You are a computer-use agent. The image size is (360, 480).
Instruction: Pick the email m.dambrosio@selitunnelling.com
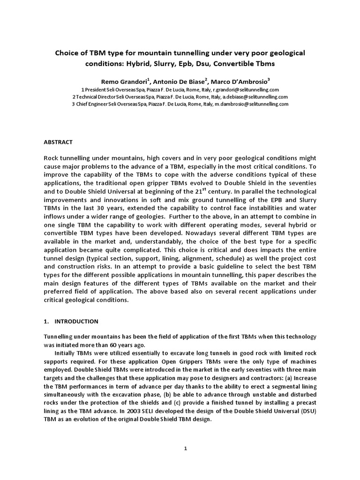pos(254,104)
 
